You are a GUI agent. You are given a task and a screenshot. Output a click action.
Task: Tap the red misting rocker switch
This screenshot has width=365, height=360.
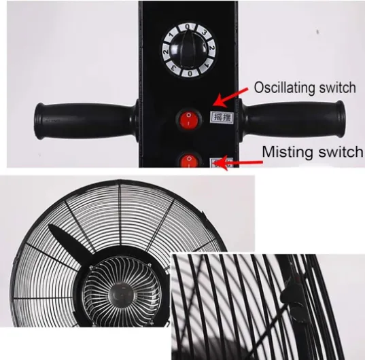[190, 161]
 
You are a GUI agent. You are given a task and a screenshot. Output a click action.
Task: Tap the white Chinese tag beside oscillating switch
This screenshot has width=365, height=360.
[221, 117]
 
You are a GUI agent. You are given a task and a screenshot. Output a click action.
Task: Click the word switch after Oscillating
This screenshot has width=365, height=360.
[336, 88]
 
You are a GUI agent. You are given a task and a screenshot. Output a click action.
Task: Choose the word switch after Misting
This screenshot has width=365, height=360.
[341, 151]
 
